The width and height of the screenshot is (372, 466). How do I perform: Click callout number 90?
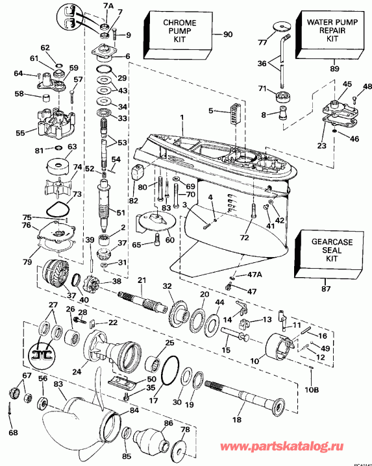[227, 34]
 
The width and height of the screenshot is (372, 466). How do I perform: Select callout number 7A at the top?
[108, 6]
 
